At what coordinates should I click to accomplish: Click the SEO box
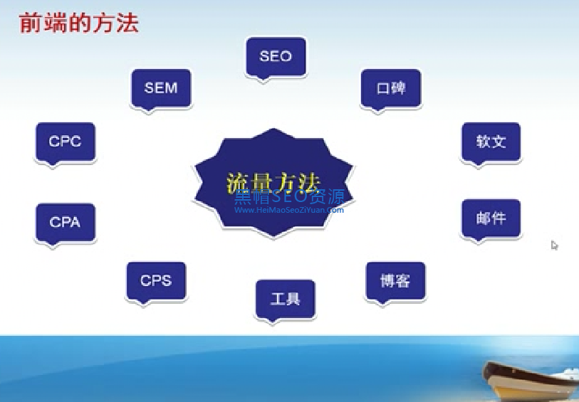coord(276,56)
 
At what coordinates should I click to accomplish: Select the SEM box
coord(161,88)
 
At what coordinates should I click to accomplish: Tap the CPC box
coord(66,142)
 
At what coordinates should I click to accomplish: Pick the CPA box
coord(66,222)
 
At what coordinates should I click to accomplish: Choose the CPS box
coord(156,280)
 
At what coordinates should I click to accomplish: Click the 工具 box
coord(286,298)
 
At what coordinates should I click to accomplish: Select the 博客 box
coord(395,280)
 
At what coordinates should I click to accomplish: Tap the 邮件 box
coord(491,218)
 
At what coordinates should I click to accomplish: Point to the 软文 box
coord(491,142)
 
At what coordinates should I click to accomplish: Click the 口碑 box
coord(391,88)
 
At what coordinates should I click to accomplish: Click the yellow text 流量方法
coord(273,183)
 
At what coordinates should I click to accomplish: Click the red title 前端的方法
coord(78,23)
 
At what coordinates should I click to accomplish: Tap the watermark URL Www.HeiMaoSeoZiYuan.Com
coord(289,210)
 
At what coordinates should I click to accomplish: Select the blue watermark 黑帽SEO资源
coord(289,196)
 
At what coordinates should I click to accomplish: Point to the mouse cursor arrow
coord(554,245)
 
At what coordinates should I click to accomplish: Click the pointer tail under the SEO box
coord(264,80)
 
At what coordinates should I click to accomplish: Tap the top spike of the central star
coord(273,129)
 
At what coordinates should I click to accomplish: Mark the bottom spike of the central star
coord(273,237)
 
